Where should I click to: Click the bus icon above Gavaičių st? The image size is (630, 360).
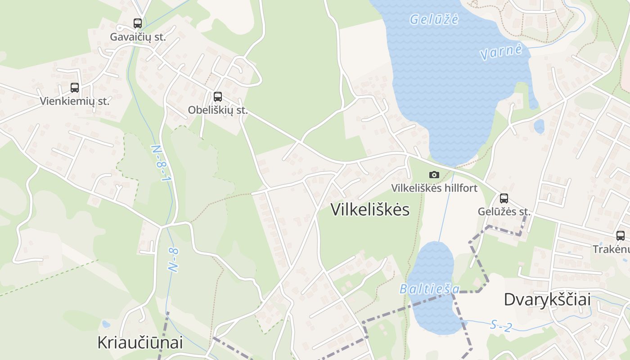pyautogui.click(x=138, y=23)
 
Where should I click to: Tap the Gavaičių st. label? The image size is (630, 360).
pyautogui.click(x=138, y=37)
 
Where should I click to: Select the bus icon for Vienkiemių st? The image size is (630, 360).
pyautogui.click(x=75, y=88)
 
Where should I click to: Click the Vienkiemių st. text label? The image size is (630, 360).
pyautogui.click(x=75, y=101)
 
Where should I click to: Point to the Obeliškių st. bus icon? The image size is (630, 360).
pyautogui.click(x=218, y=96)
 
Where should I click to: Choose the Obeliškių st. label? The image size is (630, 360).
pyautogui.click(x=218, y=110)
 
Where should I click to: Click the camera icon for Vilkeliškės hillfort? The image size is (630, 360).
pyautogui.click(x=434, y=175)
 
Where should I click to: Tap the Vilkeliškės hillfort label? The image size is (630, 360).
pyautogui.click(x=434, y=188)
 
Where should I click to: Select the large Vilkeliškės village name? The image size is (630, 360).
pyautogui.click(x=370, y=210)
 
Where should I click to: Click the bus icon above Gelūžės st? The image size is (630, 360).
pyautogui.click(x=504, y=198)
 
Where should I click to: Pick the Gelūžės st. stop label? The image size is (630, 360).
pyautogui.click(x=504, y=211)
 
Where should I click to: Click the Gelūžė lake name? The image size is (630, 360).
pyautogui.click(x=434, y=19)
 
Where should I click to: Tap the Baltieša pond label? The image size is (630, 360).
pyautogui.click(x=430, y=288)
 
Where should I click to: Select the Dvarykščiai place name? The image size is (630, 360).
pyautogui.click(x=547, y=299)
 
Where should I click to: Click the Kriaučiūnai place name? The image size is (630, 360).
pyautogui.click(x=140, y=342)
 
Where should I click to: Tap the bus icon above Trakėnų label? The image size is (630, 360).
pyautogui.click(x=621, y=235)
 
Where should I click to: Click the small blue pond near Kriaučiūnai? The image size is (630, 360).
pyautogui.click(x=106, y=324)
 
